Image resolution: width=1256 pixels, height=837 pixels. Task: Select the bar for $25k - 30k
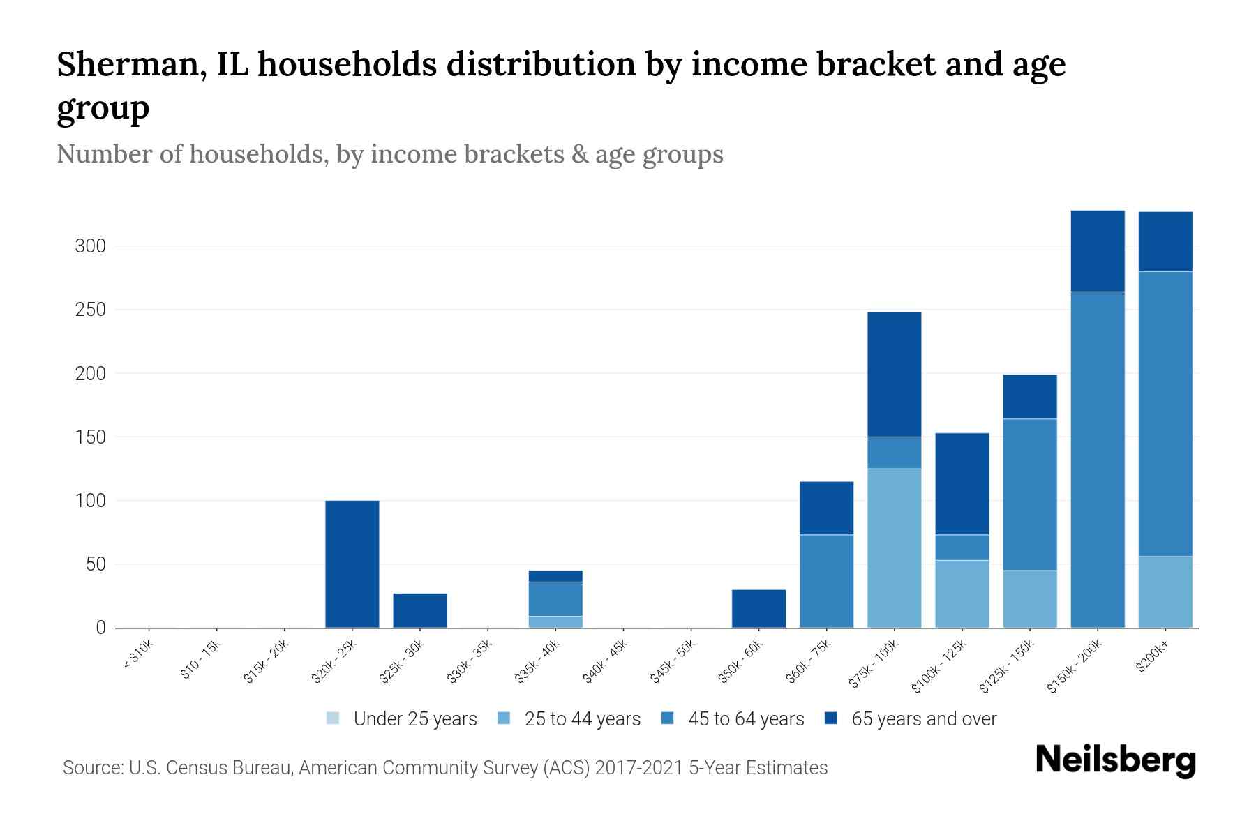pos(419,610)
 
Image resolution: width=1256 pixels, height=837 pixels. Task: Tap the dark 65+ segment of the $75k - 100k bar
pos(894,375)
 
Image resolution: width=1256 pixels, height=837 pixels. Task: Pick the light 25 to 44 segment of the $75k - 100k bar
pos(894,548)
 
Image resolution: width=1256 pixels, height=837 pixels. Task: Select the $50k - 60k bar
pos(758,608)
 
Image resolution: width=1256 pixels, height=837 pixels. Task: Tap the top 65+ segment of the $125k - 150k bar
pos(1030,396)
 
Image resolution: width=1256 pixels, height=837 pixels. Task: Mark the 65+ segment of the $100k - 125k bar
pos(962,483)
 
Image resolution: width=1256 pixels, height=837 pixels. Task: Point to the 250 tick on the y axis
pos(90,310)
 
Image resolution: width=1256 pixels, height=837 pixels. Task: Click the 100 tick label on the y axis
pos(90,501)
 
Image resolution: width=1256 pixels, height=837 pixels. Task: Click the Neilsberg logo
pos(1115,760)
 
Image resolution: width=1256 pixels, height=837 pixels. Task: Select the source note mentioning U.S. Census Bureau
pos(445,768)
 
